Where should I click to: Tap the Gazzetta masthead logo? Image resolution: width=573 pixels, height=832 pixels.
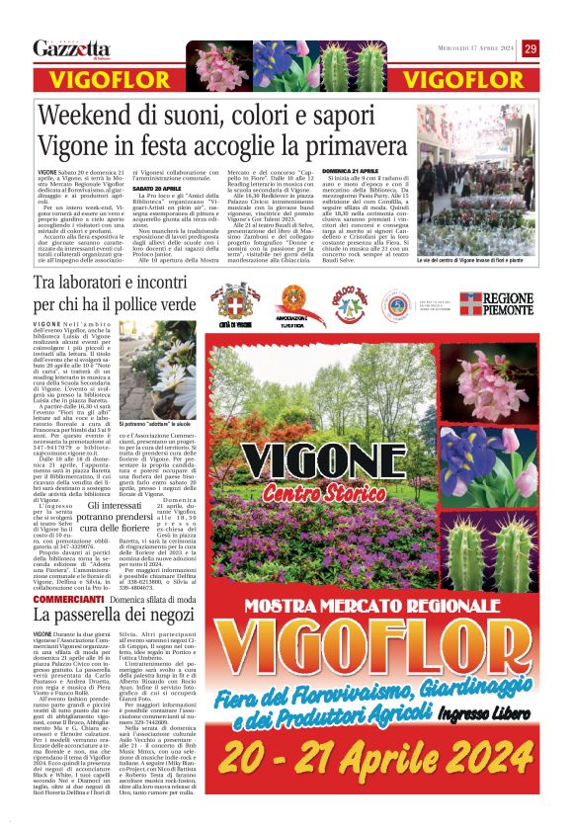pyautogui.click(x=71, y=49)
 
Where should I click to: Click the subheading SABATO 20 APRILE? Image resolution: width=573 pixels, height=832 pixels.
pyautogui.click(x=158, y=187)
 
